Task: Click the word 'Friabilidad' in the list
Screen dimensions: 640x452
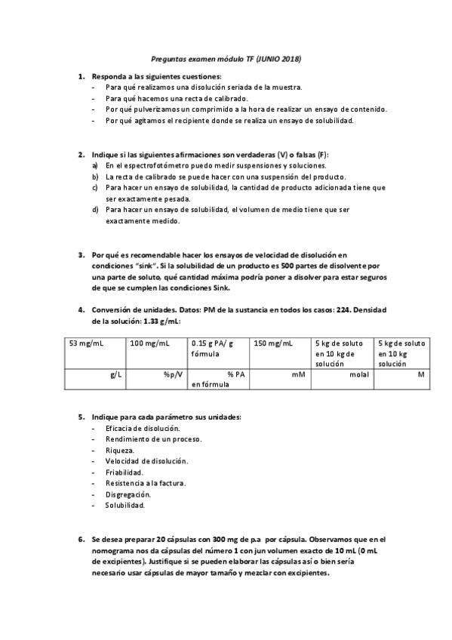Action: [125, 472]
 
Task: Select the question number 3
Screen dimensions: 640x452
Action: [81, 256]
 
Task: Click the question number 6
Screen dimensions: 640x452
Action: [81, 540]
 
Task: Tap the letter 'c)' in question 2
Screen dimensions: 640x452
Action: [94, 186]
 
